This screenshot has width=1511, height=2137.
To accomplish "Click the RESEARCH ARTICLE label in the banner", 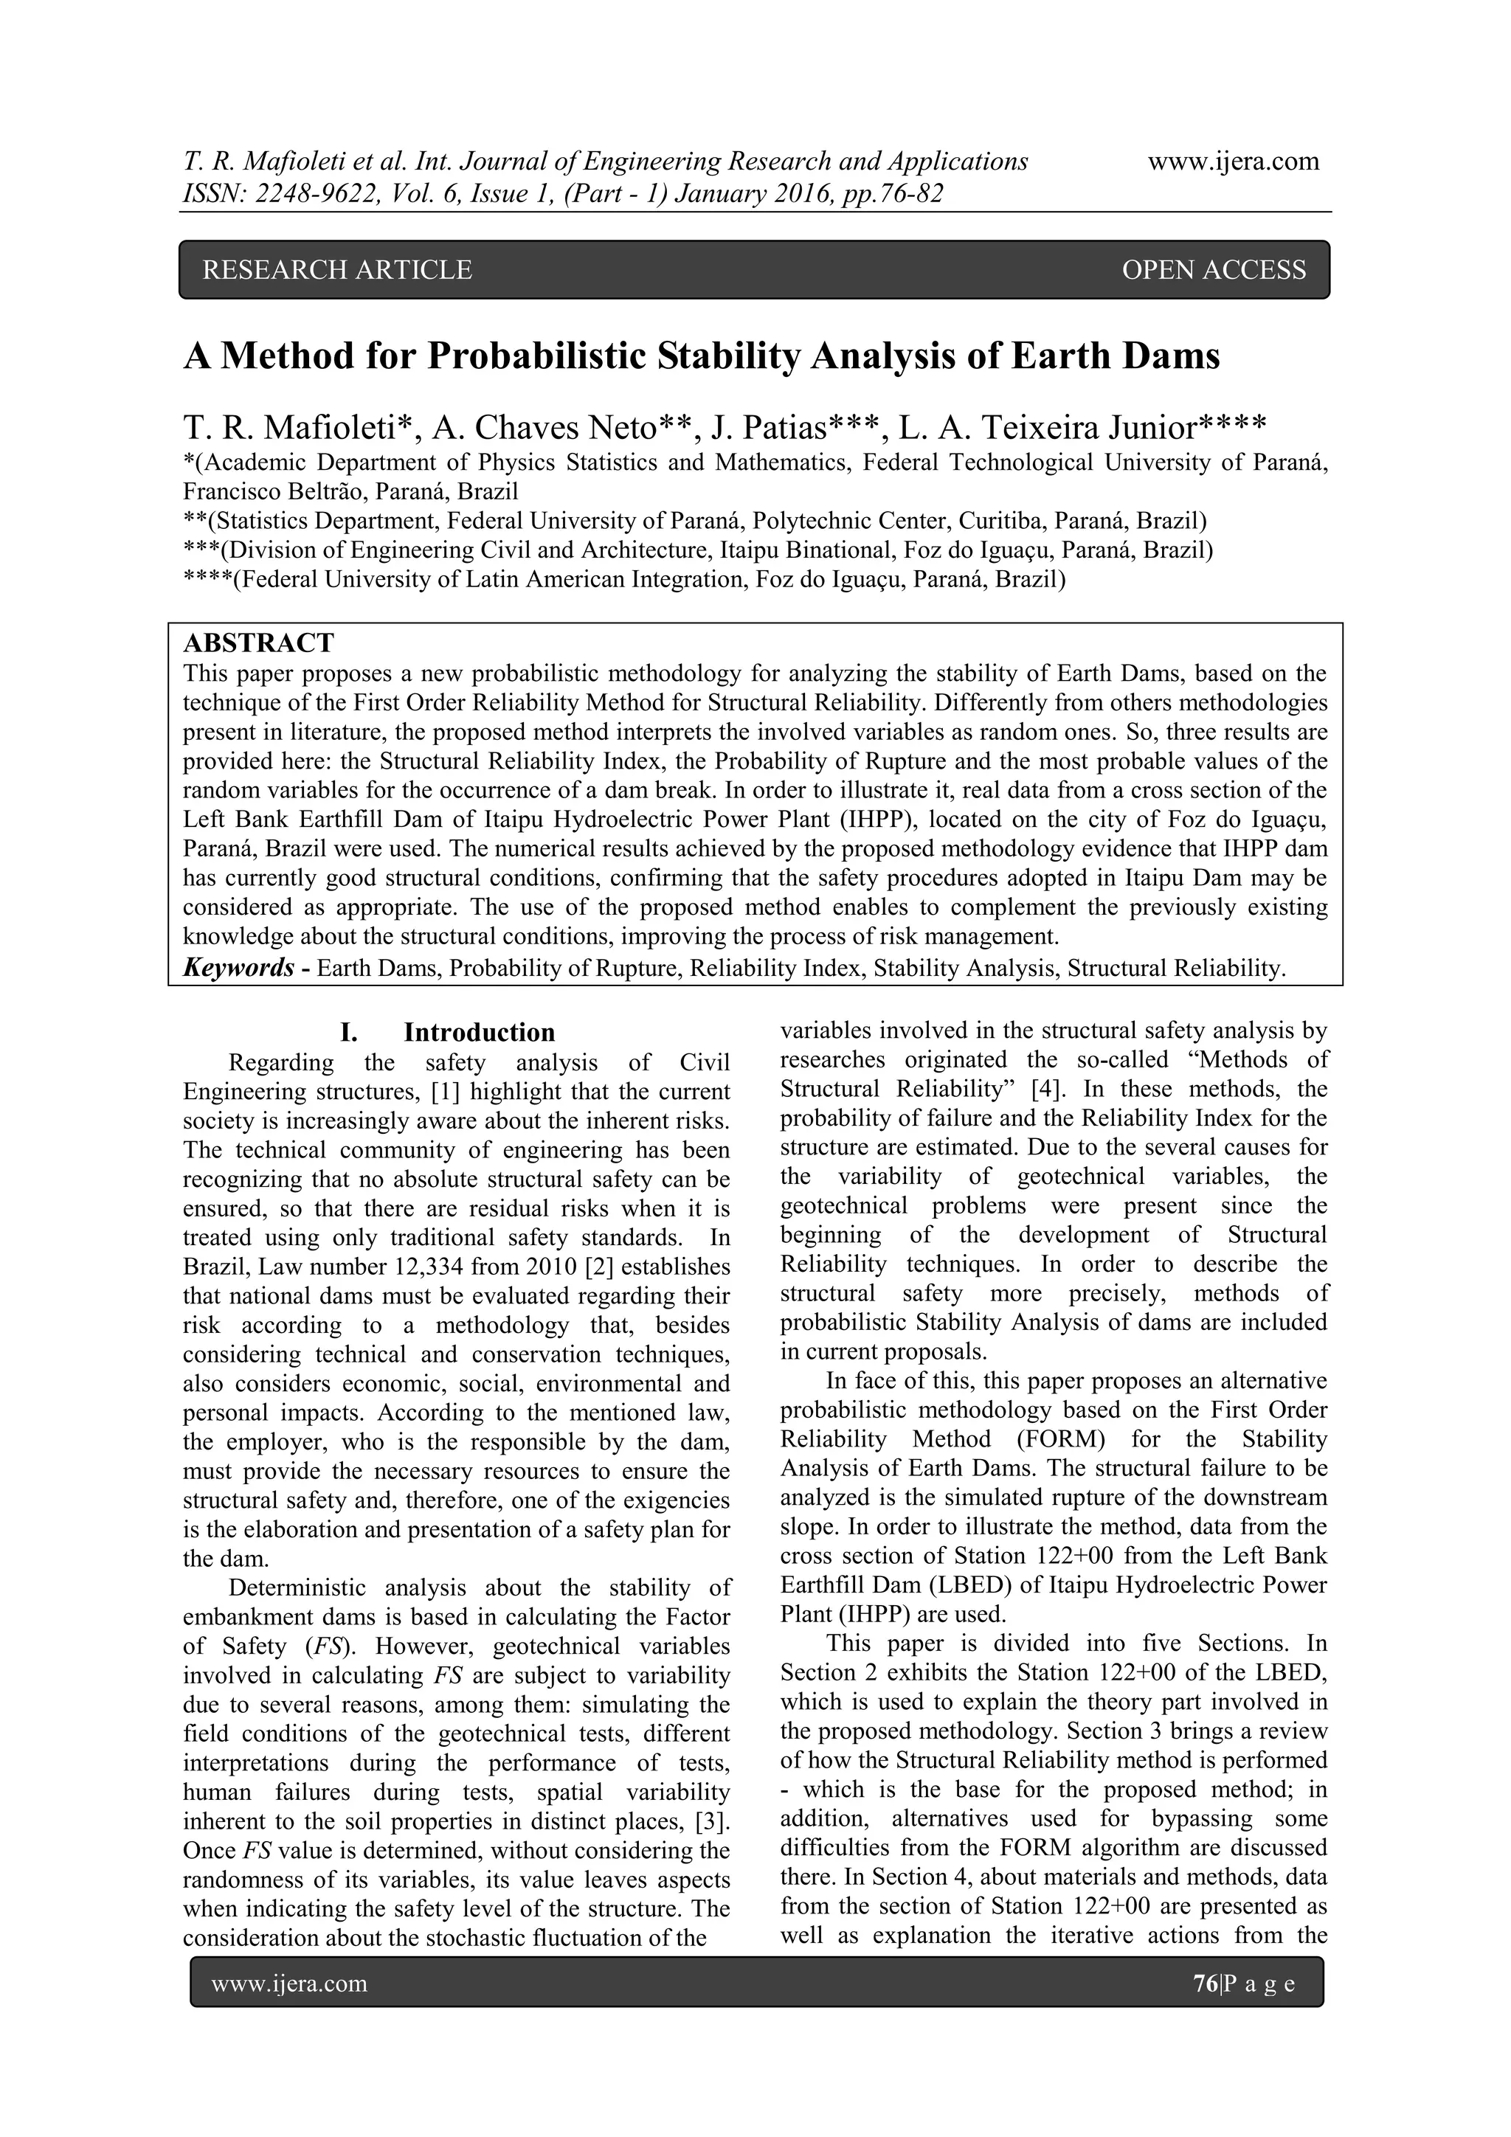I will click(337, 270).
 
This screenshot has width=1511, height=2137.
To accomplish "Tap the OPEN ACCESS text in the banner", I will click(1213, 270).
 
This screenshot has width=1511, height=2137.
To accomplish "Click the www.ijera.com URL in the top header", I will click(1233, 161).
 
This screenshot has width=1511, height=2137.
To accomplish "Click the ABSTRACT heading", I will click(259, 643).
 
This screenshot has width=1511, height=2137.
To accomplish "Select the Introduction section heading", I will click(479, 1032).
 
